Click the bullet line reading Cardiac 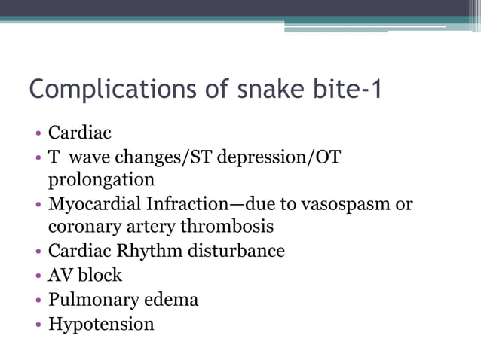point(79,133)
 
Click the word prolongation point(101,180)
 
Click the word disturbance point(234,250)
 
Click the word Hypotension point(101,325)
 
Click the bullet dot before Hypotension point(37,325)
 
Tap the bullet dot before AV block point(37,276)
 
